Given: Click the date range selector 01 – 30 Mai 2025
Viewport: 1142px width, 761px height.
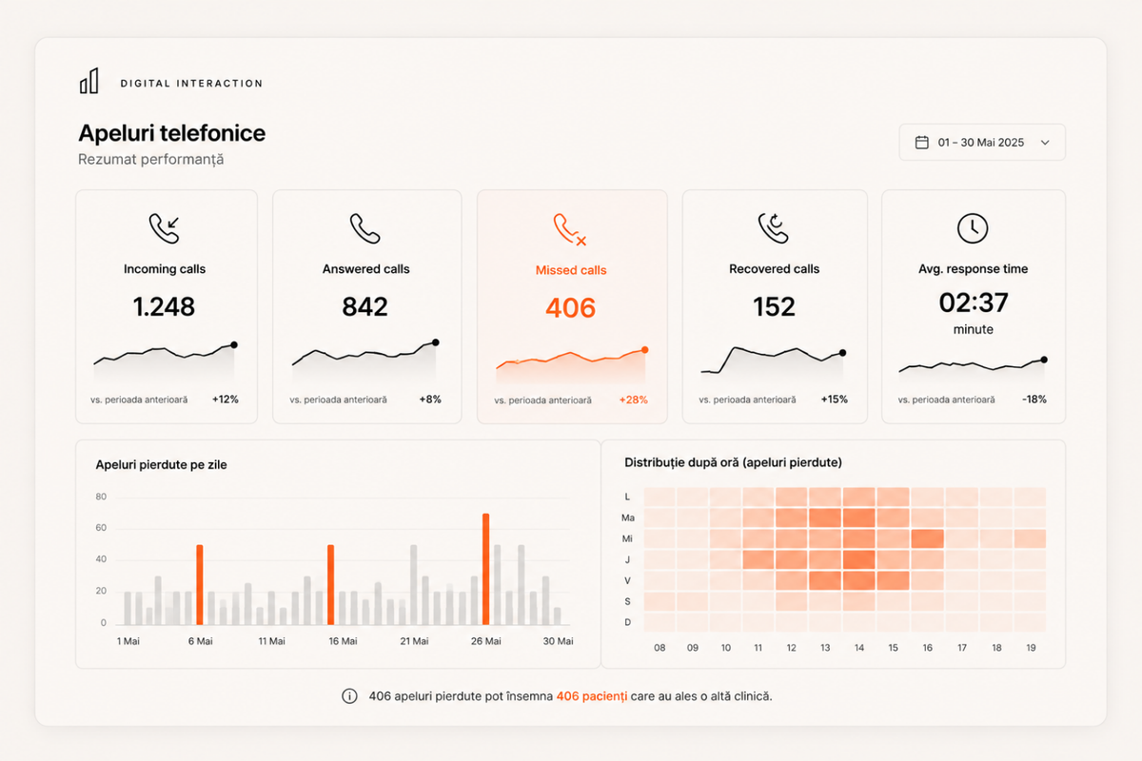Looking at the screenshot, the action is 982,142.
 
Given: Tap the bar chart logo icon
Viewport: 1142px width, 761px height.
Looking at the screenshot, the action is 89,81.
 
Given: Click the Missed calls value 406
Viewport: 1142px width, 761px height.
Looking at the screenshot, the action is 570,308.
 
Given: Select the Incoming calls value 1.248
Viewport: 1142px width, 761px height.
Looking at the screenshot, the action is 164,306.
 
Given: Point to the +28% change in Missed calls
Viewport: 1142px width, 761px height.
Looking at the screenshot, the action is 633,400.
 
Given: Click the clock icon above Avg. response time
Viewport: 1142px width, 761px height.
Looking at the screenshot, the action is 973,228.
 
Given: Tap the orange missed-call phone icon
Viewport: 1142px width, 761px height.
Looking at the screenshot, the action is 570,229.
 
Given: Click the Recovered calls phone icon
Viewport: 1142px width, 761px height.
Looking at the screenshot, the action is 774,228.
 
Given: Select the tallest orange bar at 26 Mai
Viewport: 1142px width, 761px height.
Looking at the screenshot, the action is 486,569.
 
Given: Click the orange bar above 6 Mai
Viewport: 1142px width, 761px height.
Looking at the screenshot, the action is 200,585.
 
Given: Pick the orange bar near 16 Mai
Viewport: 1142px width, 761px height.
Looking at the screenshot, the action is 331,585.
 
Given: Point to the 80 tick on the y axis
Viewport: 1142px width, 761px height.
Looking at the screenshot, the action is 101,497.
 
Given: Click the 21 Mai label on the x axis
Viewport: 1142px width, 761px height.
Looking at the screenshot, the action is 414,641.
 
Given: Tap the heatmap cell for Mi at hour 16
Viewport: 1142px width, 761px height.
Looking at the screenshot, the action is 927,538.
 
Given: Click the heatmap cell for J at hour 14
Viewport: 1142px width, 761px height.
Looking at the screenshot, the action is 859,559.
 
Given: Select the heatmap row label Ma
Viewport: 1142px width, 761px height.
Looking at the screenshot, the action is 627,517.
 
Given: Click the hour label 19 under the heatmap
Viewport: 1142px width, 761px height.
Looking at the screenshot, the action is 1031,648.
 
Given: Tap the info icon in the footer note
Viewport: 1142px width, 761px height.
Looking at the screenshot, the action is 349,696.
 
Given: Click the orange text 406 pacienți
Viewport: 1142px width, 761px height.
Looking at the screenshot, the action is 591,696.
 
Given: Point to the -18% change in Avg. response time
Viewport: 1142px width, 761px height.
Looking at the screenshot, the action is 1034,400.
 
